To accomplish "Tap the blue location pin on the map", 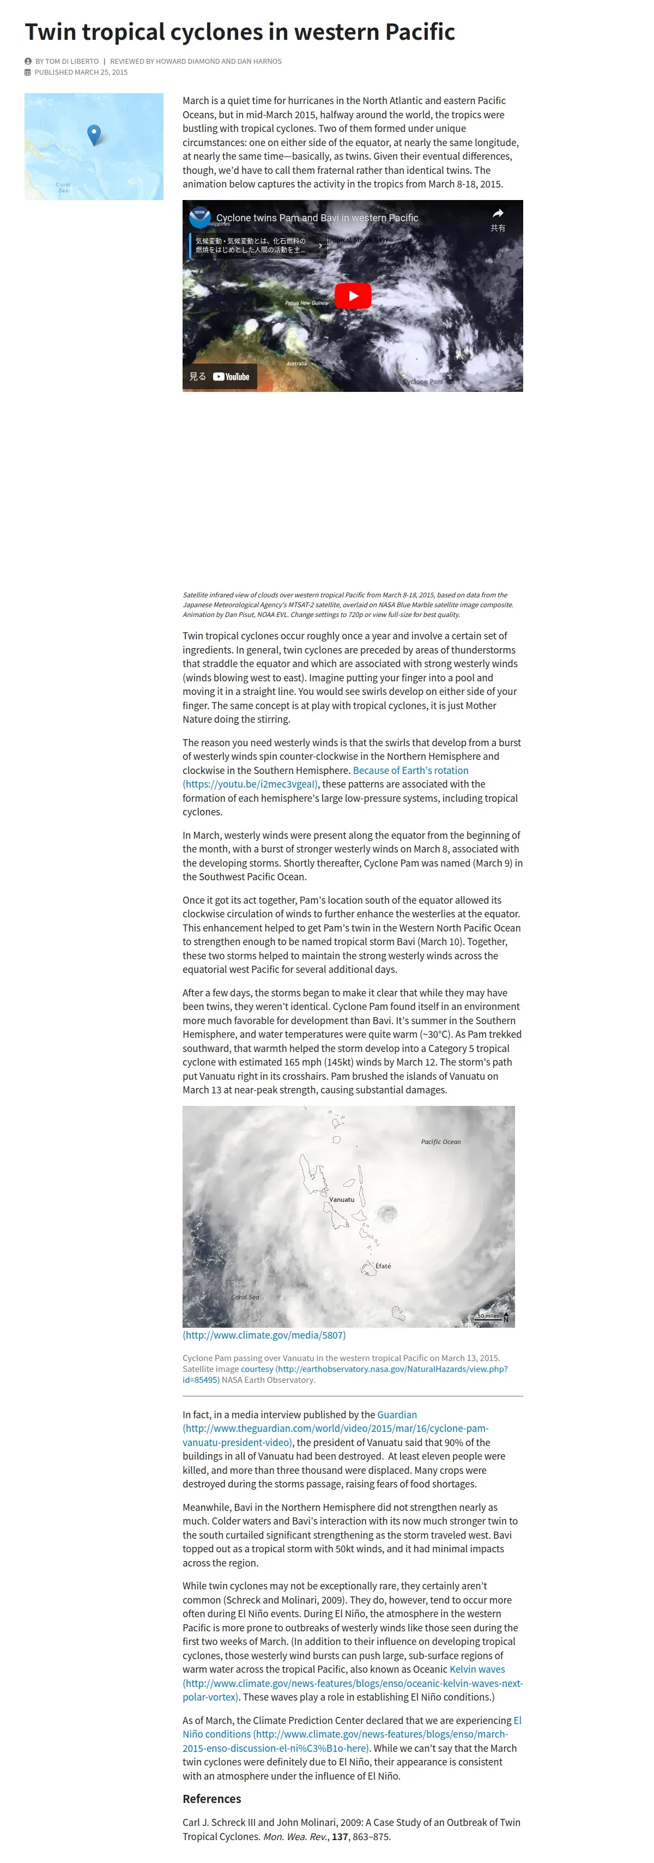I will (93, 134).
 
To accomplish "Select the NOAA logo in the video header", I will (199, 217).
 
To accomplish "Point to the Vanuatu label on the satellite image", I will (342, 1199).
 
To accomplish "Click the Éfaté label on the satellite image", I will (383, 1266).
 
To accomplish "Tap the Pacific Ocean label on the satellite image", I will (440, 1142).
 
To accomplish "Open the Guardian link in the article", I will (396, 1414).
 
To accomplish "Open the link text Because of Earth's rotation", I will (410, 770).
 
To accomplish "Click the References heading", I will (211, 1799).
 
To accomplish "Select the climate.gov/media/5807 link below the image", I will (264, 1335).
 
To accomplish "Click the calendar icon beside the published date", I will (28, 72).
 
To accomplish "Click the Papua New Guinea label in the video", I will (306, 303).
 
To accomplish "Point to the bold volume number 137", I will (340, 1836).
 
